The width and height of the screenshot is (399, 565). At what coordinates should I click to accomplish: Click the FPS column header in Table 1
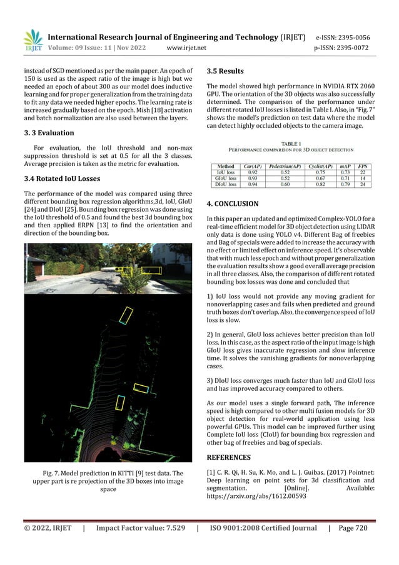point(362,166)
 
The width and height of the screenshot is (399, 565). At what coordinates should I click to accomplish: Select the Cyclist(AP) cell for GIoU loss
point(320,178)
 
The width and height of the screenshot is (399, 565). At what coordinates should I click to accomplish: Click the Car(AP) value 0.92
point(253,172)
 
